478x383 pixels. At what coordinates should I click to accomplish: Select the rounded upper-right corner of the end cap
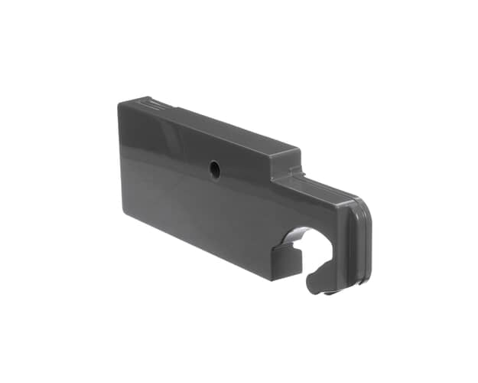tap(366, 210)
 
